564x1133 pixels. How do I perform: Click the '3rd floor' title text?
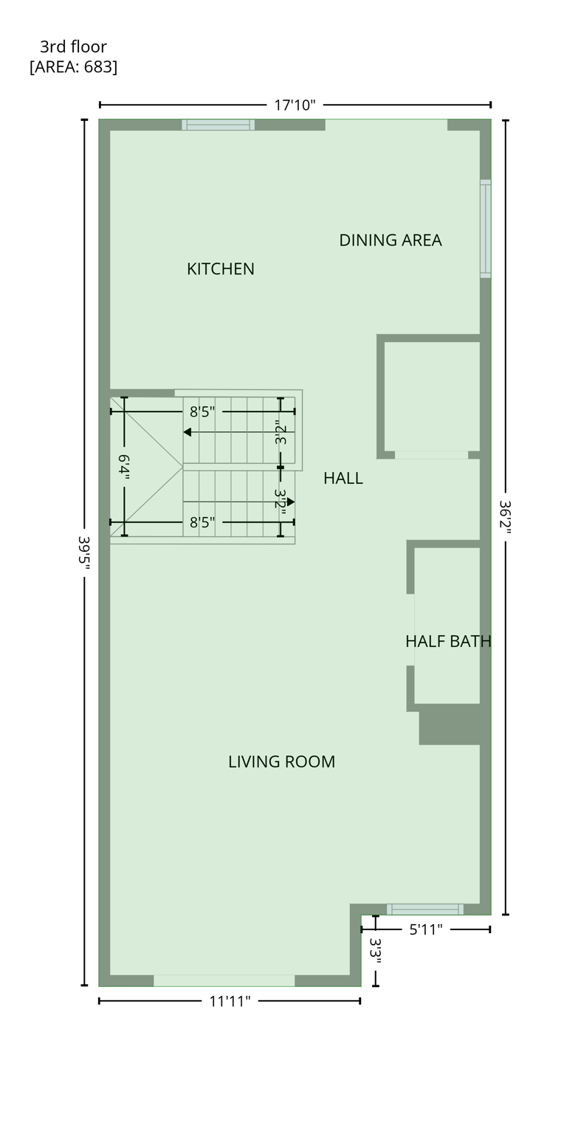click(73, 46)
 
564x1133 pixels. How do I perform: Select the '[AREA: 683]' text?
click(73, 66)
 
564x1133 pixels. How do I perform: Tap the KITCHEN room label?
click(220, 269)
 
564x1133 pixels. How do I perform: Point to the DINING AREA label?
click(390, 240)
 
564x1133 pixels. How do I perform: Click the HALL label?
click(343, 478)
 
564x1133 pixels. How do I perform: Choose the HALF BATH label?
click(447, 641)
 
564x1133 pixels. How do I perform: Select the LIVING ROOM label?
click(281, 762)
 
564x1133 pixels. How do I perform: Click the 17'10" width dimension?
click(295, 105)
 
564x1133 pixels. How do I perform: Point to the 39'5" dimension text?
click(83, 550)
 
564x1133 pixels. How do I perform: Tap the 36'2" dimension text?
click(505, 517)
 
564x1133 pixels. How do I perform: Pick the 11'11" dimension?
click(230, 1001)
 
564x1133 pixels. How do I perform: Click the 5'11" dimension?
click(425, 929)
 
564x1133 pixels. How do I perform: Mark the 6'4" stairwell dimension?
click(124, 468)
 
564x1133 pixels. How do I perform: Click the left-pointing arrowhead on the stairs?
click(188, 432)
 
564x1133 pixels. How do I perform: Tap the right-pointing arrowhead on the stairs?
click(291, 502)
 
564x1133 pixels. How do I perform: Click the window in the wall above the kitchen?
click(218, 125)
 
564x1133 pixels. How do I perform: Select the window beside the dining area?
click(485, 229)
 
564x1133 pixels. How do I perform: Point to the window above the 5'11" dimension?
click(424, 909)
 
